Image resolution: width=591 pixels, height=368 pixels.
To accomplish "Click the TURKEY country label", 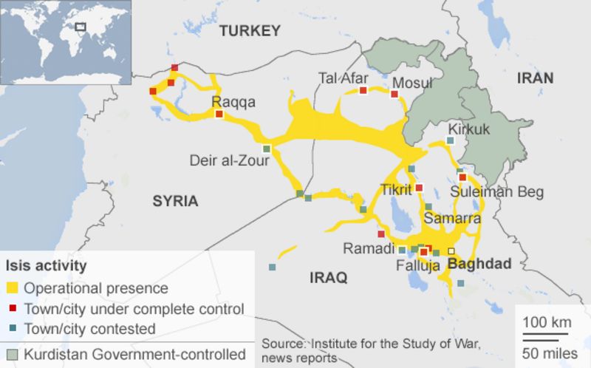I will [250, 31].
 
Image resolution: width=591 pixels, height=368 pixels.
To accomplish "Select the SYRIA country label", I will [175, 201].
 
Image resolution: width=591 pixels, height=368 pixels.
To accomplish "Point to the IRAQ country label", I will [328, 278].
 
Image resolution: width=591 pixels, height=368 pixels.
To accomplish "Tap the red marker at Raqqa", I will [219, 115].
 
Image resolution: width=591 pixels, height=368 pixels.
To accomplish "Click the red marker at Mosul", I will [394, 94].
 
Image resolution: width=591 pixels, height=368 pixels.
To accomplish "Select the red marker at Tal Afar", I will [363, 91].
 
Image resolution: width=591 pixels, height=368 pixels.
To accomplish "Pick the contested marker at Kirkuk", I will [450, 140].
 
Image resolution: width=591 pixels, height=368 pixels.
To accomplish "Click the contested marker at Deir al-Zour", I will [267, 149].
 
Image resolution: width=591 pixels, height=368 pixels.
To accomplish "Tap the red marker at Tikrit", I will [419, 188].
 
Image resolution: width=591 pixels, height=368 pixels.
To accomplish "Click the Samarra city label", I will [451, 219].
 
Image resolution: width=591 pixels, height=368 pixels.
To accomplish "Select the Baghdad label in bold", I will [479, 264].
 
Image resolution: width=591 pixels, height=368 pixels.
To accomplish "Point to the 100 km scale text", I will [546, 322].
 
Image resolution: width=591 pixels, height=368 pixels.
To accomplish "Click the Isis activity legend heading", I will [46, 265].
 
